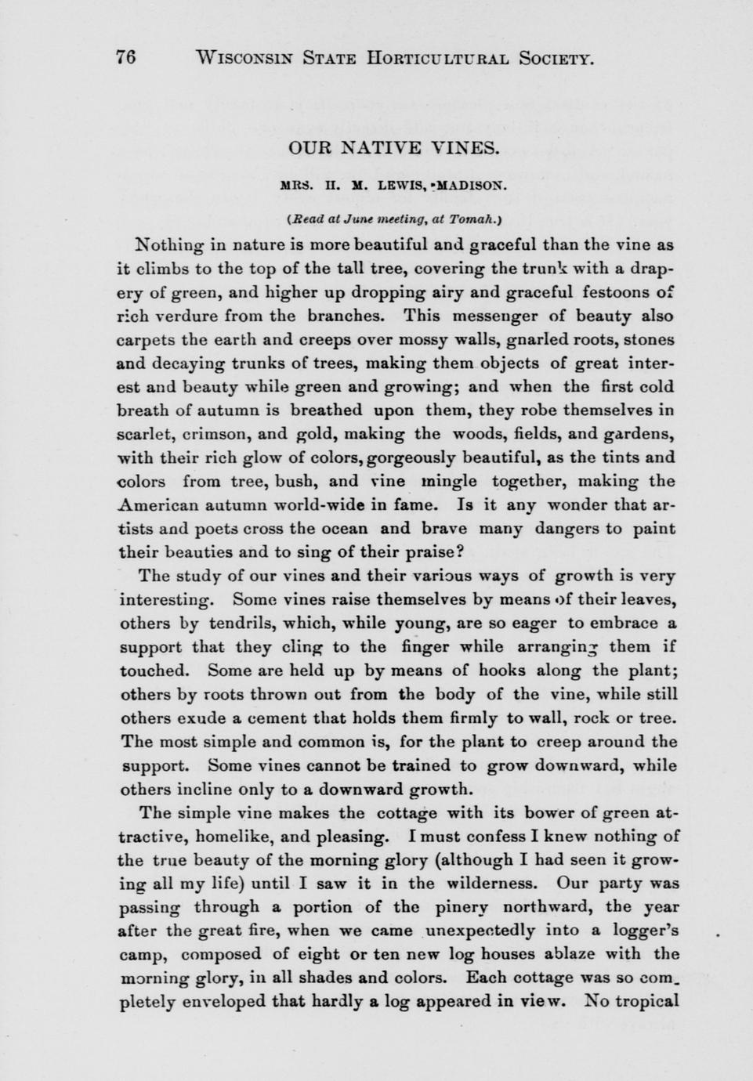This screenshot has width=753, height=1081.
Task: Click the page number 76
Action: click(125, 57)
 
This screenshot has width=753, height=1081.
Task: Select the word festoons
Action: click(622, 291)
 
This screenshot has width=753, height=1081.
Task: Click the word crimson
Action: click(213, 434)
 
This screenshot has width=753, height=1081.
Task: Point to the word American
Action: click(161, 504)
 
